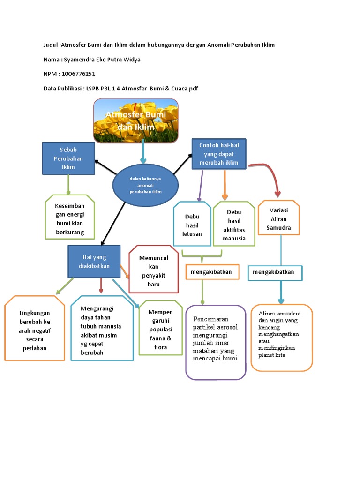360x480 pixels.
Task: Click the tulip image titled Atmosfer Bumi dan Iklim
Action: tap(136, 120)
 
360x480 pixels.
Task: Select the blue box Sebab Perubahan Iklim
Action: tap(68, 158)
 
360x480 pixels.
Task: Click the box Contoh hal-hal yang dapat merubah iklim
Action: tap(219, 153)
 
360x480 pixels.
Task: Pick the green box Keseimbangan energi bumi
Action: tap(70, 217)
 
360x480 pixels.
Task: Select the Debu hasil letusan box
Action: tap(192, 224)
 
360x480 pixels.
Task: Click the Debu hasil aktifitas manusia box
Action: tap(234, 225)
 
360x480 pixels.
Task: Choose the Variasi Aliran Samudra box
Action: tap(278, 218)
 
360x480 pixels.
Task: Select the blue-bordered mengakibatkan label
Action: tap(275, 272)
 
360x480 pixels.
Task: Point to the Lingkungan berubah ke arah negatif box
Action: tap(35, 328)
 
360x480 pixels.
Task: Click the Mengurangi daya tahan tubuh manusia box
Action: tap(102, 328)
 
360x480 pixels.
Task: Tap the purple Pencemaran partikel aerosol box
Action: tap(216, 342)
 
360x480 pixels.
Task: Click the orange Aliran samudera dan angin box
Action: tap(281, 337)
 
